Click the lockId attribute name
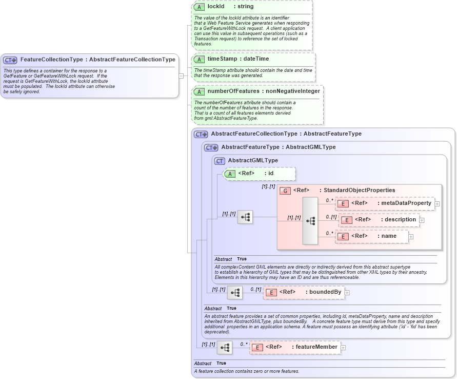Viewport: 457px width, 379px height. pyautogui.click(x=216, y=7)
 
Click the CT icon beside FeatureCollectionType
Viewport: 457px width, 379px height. pyautogui.click(x=10, y=60)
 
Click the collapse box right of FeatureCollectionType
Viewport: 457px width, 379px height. pyautogui.click(x=181, y=75)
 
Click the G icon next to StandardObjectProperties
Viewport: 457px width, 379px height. pyautogui.click(x=285, y=191)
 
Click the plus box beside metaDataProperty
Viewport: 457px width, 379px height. pyautogui.click(x=437, y=204)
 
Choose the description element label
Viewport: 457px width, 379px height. pyautogui.click(x=400, y=220)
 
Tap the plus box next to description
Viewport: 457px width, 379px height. pyautogui.click(x=422, y=220)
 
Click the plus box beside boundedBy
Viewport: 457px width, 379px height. pyautogui.click(x=347, y=293)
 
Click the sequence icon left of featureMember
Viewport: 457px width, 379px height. pyautogui.click(x=225, y=348)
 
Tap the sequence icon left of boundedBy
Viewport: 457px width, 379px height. pyautogui.click(x=235, y=293)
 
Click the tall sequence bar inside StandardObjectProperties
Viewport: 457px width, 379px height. pyautogui.click(x=310, y=221)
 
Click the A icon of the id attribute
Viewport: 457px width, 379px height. pyautogui.click(x=230, y=174)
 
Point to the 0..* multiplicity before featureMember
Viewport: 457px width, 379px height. pyautogui.click(x=243, y=344)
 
